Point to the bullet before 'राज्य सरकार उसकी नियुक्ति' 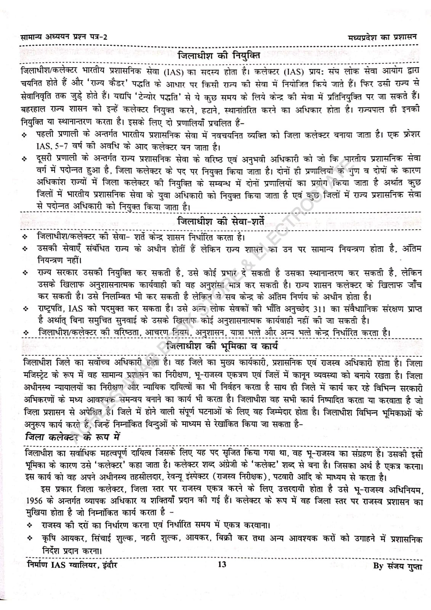[25, 273]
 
